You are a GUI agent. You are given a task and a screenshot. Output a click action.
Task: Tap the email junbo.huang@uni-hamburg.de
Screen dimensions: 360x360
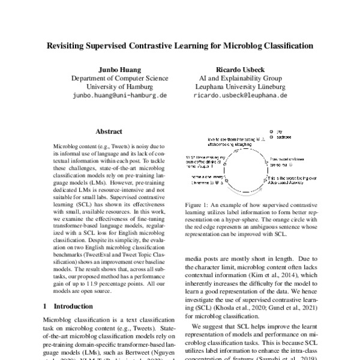(119, 95)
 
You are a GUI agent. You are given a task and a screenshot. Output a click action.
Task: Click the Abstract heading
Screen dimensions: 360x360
(110, 131)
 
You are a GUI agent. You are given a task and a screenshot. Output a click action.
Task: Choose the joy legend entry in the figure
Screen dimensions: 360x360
(280, 130)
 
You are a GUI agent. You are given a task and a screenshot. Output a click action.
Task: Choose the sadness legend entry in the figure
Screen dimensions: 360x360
(284, 136)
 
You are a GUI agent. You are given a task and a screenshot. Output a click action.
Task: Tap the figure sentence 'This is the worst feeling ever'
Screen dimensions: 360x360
(290, 179)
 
